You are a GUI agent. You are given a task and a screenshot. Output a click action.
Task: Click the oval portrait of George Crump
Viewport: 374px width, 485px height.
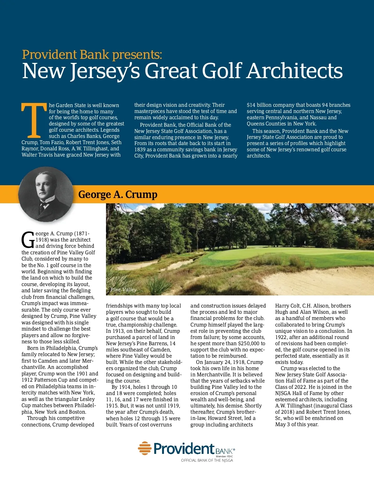(46, 195)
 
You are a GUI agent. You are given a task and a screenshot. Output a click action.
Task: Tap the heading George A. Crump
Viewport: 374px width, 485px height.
(117, 195)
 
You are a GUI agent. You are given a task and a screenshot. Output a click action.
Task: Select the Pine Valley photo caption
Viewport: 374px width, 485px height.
(123, 290)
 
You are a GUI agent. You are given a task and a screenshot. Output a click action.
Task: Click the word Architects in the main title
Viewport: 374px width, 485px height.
(295, 71)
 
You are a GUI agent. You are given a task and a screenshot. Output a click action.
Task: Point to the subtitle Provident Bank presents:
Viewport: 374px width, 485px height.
(92, 54)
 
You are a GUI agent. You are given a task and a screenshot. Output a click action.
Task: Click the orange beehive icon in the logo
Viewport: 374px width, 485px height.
(144, 448)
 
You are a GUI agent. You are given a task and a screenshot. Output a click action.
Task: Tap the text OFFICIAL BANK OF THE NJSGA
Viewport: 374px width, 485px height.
(207, 460)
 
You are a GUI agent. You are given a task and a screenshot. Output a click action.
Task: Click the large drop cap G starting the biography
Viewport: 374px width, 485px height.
(28, 240)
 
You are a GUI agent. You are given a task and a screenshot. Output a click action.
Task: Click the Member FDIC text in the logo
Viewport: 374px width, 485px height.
(224, 456)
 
